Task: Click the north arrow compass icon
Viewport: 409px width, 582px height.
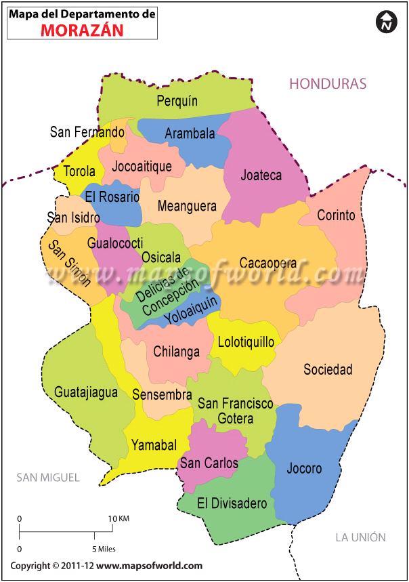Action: [386, 22]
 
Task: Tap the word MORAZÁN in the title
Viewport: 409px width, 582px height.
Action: [83, 30]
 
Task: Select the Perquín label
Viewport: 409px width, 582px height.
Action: [177, 101]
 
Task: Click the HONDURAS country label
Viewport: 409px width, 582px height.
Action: [328, 83]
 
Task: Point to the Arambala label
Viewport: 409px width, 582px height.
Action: [190, 133]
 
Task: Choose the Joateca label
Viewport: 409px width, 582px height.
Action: [261, 175]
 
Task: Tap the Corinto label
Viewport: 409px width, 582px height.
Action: [337, 215]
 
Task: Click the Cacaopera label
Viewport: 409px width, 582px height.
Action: [268, 263]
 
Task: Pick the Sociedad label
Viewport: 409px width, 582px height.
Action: [328, 369]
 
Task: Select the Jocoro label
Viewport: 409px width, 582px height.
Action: [304, 468]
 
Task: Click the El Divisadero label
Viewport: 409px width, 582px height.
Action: [232, 503]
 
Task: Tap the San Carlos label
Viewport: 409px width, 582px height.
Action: [209, 463]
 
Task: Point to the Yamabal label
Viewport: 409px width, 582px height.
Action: [154, 445]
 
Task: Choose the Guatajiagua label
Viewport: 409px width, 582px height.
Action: [86, 392]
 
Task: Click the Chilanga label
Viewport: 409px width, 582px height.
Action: [177, 352]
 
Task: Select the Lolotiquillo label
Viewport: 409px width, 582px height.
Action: [246, 342]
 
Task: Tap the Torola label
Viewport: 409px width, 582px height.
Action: [79, 171]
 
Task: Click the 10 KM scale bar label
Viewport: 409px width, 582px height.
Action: [119, 518]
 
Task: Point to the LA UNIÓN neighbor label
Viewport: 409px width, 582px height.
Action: [361, 537]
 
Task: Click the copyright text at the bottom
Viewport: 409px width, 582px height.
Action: [106, 566]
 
